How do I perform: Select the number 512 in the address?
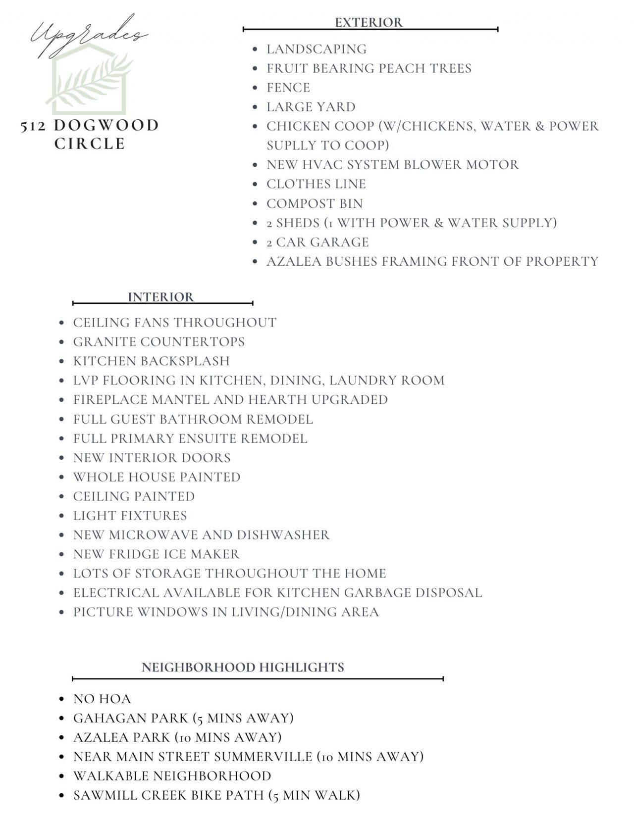34,126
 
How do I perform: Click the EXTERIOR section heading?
369,22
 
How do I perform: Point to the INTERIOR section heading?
161,297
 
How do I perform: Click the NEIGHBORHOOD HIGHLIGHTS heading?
243,667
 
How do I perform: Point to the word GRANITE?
104,342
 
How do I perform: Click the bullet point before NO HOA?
62,699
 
